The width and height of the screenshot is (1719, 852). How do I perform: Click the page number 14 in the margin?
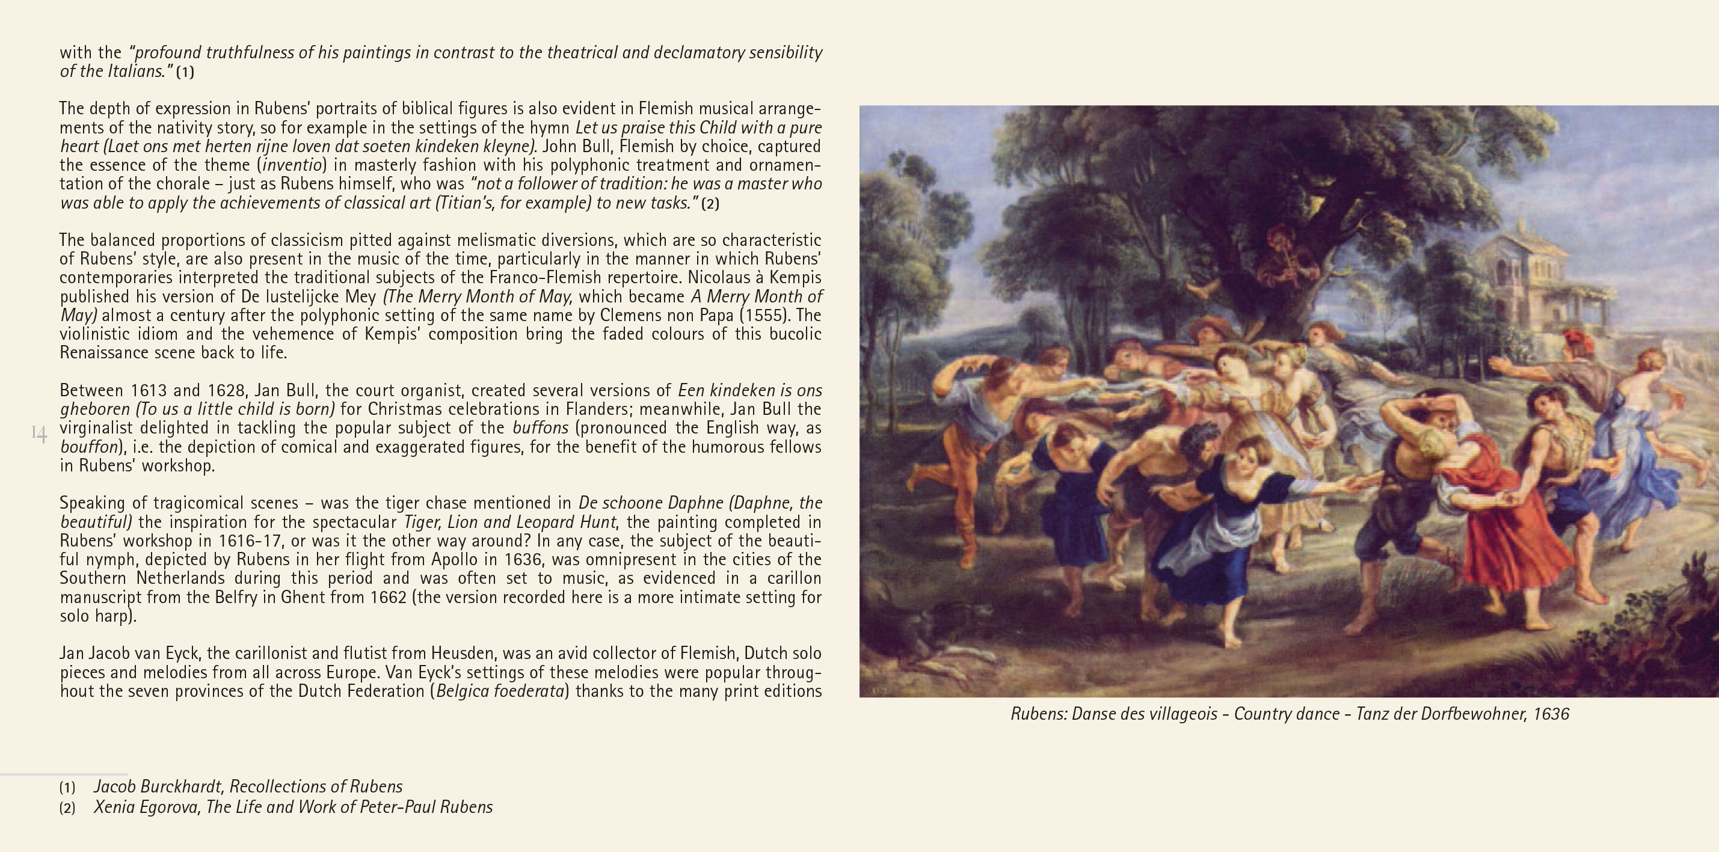[38, 434]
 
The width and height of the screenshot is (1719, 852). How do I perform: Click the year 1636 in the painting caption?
[1550, 714]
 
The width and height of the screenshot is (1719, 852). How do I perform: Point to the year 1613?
[148, 390]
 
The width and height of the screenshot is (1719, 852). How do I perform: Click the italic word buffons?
[540, 428]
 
